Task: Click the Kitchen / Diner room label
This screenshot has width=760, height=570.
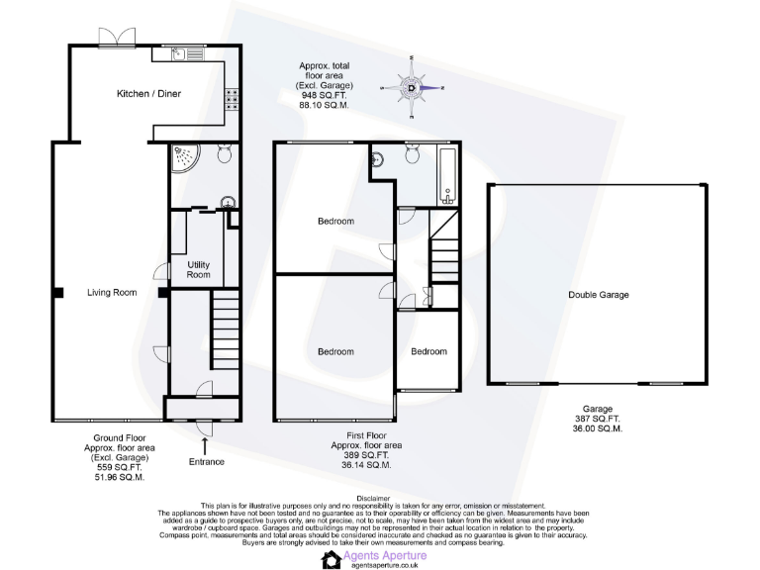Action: click(148, 94)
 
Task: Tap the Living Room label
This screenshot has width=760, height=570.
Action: click(111, 292)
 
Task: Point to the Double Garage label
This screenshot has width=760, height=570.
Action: click(598, 295)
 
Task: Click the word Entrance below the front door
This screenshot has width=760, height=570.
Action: click(205, 462)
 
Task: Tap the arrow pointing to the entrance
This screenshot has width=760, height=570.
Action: click(205, 443)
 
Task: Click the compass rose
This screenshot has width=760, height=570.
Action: click(412, 87)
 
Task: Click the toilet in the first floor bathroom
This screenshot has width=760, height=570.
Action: click(413, 152)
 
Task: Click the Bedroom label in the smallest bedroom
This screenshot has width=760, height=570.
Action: click(428, 351)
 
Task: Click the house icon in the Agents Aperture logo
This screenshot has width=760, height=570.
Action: click(331, 560)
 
